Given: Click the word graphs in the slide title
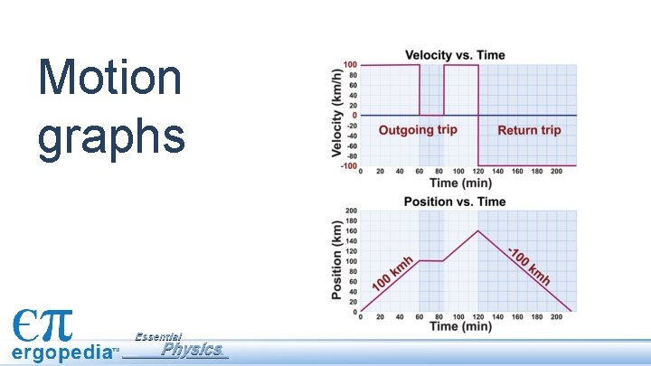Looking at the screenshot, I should point(111,136).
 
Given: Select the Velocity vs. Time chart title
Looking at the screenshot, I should point(455,55).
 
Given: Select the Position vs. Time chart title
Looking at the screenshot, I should point(454,201).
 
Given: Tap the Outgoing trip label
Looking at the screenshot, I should point(418,130).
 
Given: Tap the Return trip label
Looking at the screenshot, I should point(529,130).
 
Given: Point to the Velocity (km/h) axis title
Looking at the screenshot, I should point(336,115).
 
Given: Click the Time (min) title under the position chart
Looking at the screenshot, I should point(460,327).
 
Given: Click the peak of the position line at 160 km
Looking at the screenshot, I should point(477,230).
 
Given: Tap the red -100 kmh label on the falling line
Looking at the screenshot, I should point(529,266).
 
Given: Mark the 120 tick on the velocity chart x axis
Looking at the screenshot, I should point(477,171).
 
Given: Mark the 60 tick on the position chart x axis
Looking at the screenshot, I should point(419,316).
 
